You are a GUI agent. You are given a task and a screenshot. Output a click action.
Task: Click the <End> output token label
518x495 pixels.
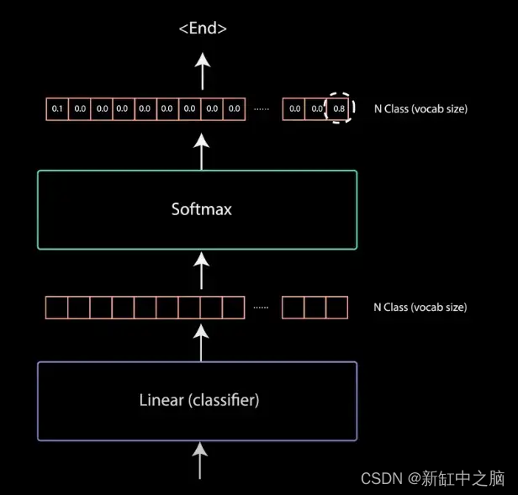(x=202, y=29)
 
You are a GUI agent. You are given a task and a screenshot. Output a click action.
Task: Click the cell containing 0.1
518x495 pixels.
(x=57, y=109)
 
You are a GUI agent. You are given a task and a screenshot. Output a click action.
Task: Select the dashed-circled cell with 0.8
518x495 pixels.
(x=338, y=109)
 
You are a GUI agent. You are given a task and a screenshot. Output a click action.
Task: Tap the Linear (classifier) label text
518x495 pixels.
(x=198, y=400)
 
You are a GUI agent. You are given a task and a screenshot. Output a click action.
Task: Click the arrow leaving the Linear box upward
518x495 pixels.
(x=201, y=341)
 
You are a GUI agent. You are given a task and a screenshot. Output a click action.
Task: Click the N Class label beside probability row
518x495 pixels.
(x=420, y=109)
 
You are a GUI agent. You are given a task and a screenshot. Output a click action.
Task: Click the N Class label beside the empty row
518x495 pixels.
(x=420, y=308)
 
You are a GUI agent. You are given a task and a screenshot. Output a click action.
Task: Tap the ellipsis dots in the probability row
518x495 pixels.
(x=262, y=109)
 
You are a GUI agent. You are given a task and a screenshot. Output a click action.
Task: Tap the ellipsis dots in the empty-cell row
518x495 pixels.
(x=261, y=308)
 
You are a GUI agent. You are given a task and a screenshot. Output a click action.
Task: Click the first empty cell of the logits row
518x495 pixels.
(x=56, y=308)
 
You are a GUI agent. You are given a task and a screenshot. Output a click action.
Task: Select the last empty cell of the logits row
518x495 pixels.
(x=336, y=308)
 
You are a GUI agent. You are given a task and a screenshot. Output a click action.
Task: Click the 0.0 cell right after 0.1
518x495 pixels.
(x=79, y=109)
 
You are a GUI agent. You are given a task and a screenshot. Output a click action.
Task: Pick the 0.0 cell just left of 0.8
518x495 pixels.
(x=316, y=109)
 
